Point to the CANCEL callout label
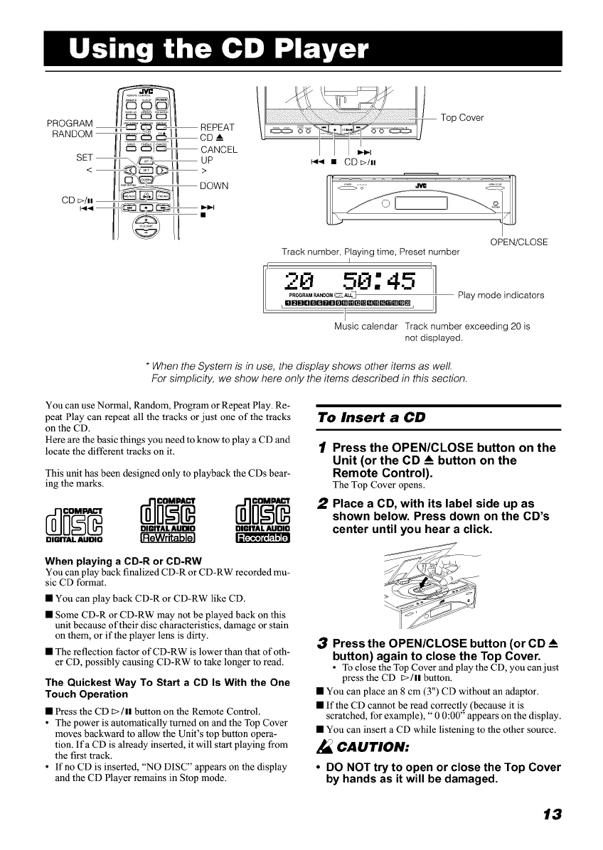(219, 149)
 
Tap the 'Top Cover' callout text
(462, 118)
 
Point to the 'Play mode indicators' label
(501, 295)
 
